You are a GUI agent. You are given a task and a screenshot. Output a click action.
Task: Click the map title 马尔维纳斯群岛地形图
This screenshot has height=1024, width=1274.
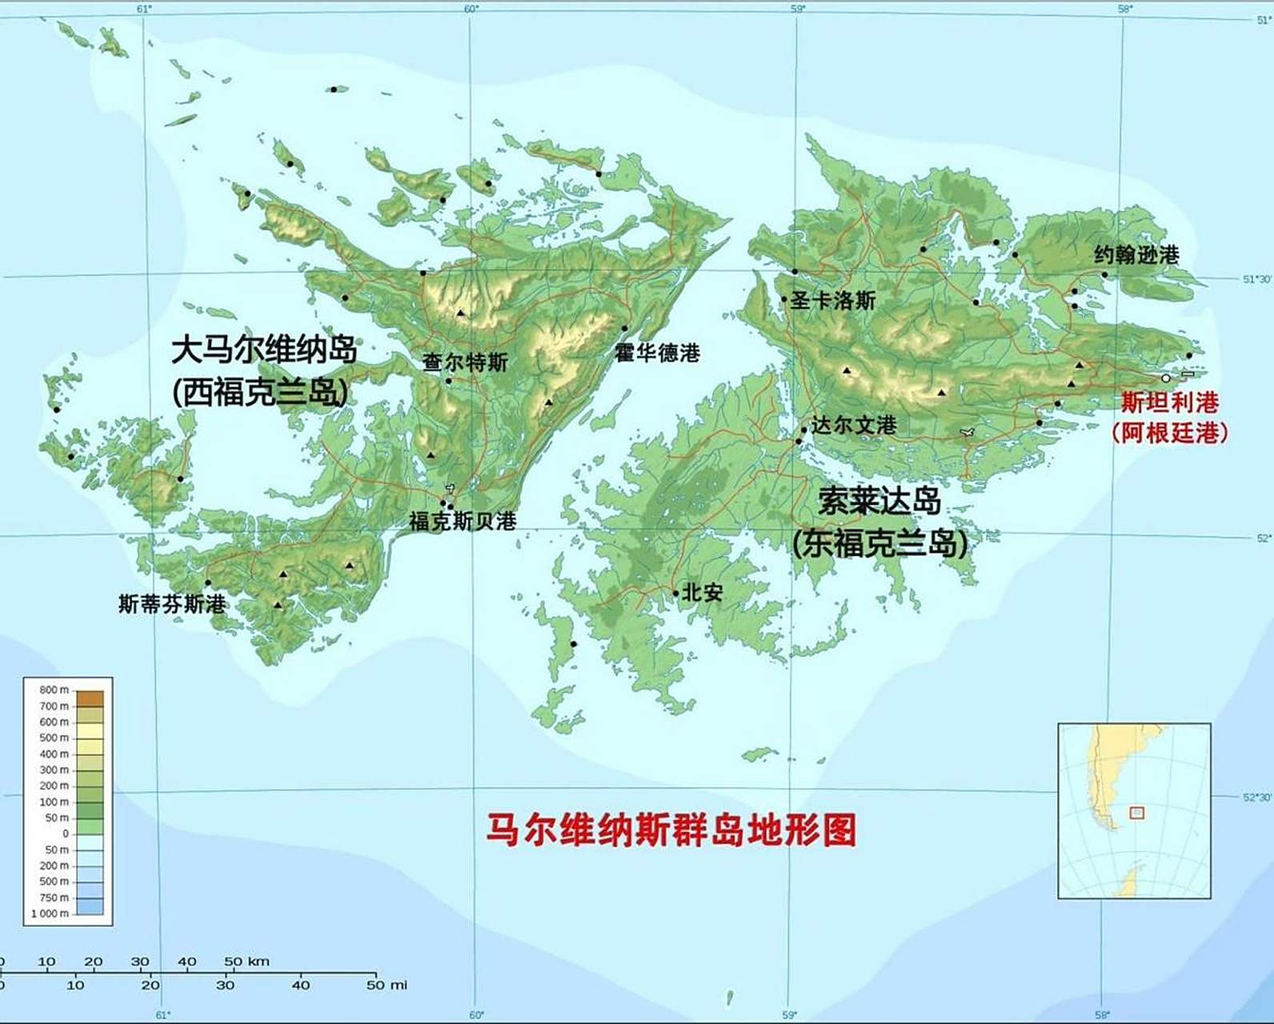671,830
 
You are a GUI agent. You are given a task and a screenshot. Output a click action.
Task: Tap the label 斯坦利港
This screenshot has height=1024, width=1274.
1169,402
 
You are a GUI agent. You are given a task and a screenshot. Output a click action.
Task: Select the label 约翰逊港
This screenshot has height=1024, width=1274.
1136,255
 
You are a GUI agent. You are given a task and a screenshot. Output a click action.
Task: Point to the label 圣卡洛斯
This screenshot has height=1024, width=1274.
833,301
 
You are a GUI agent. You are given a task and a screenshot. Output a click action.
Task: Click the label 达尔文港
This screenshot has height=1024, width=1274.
854,426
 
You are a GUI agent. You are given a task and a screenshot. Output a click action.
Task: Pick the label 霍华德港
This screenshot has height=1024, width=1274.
658,353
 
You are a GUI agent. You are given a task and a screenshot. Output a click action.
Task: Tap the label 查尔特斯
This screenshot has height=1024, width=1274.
465,362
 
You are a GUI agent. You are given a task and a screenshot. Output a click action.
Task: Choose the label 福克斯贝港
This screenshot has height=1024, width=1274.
463,522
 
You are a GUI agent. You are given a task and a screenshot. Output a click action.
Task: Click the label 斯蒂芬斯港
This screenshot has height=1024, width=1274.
172,604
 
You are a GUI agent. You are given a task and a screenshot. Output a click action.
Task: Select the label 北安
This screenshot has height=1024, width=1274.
703,593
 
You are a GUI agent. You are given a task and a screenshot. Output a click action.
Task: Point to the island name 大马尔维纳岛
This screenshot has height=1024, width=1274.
264,350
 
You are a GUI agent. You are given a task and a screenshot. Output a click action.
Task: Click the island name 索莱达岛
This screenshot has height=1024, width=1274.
879,502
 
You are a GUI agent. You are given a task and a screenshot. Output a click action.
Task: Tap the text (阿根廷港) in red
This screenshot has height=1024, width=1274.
1169,433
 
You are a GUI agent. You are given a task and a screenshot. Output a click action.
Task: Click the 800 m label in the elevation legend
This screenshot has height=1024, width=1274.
54,690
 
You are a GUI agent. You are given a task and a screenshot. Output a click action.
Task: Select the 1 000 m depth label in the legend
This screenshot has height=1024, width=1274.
50,914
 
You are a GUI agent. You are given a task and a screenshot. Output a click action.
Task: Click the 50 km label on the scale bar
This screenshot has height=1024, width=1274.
246,962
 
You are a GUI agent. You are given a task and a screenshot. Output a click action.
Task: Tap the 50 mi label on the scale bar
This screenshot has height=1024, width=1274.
387,985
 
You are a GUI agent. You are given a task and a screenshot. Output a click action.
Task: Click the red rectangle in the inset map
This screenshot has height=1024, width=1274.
1136,813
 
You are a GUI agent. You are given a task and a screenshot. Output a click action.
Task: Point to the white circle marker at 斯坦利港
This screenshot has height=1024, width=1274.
1166,378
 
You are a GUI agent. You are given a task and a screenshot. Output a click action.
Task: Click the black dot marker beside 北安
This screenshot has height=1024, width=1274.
676,594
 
